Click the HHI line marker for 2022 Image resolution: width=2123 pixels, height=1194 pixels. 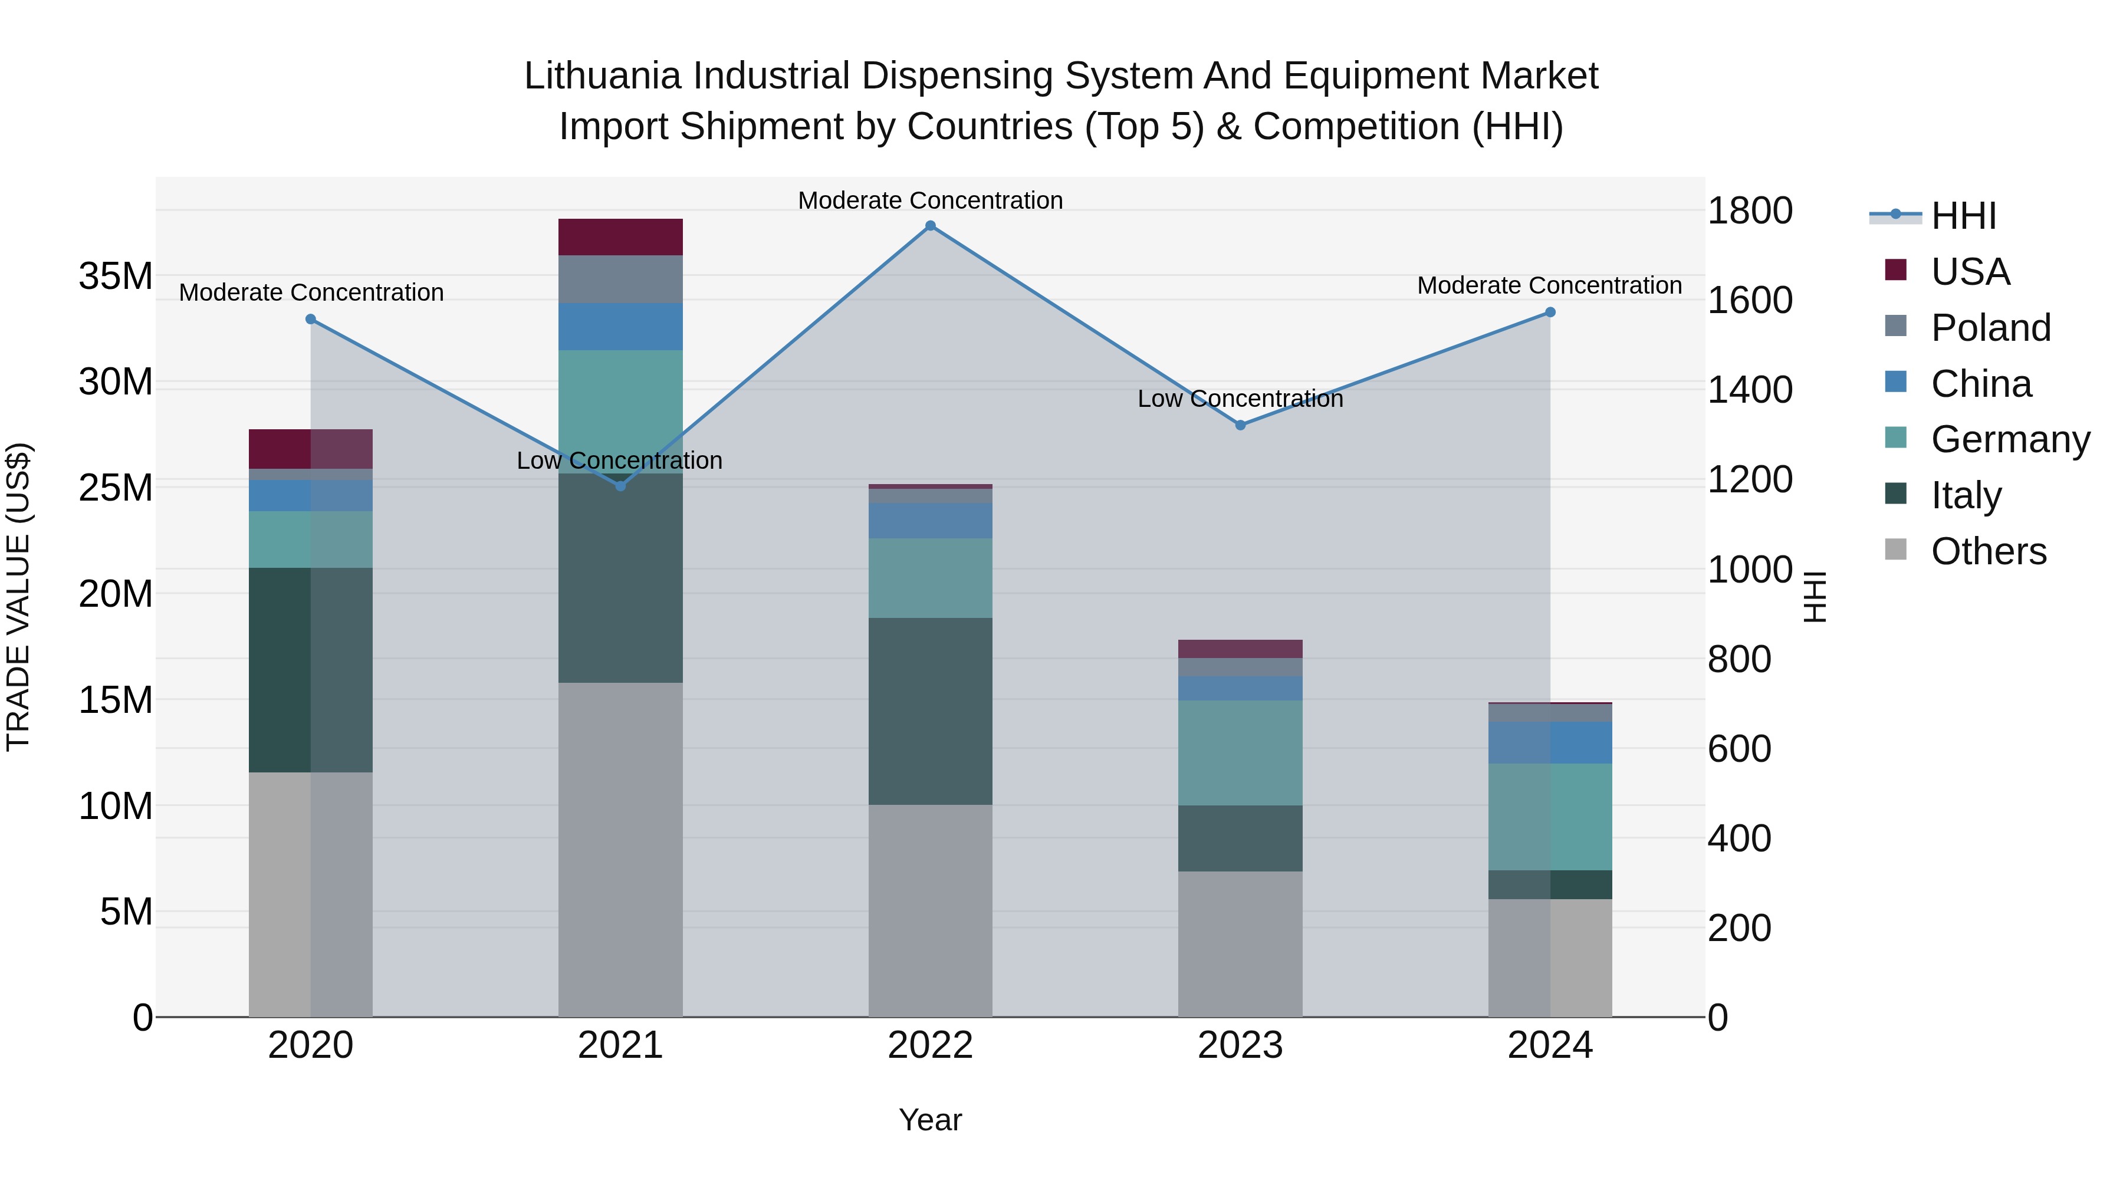[931, 226]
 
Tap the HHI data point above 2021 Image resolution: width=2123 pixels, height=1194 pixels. [620, 486]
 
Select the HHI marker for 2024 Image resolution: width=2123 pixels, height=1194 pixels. [1550, 313]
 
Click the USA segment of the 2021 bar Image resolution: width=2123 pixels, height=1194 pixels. [620, 237]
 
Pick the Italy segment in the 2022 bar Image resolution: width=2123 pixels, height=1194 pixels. [931, 711]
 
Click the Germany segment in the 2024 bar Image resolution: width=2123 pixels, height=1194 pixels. [1550, 817]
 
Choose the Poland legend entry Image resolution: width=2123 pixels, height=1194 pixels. [1990, 328]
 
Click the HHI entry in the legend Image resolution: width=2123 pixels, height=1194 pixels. [1963, 216]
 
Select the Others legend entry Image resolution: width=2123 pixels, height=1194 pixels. [1988, 551]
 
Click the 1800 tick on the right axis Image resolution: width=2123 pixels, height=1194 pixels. [1750, 211]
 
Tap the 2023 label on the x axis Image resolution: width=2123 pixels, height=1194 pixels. [1240, 1045]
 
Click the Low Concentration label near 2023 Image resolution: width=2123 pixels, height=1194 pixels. [1240, 399]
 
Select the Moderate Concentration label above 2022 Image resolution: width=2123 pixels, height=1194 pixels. [931, 200]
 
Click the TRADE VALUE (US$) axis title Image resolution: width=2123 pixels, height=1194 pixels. [18, 597]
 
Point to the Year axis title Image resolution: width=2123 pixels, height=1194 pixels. [931, 1120]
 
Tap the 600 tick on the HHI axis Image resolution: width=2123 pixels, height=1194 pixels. [1739, 749]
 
